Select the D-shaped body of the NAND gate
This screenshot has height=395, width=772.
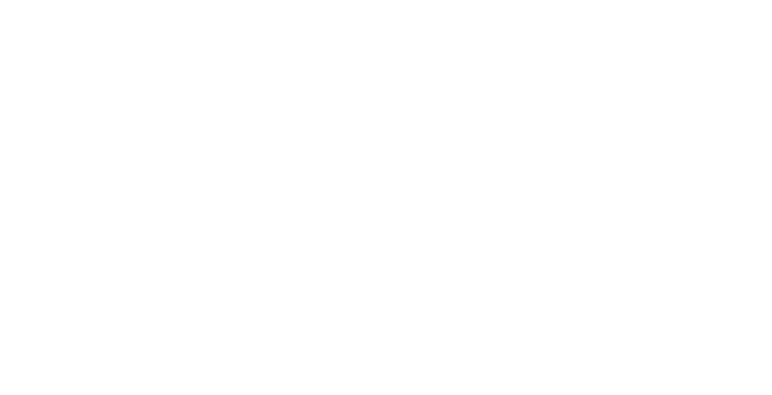pos(584,227)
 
